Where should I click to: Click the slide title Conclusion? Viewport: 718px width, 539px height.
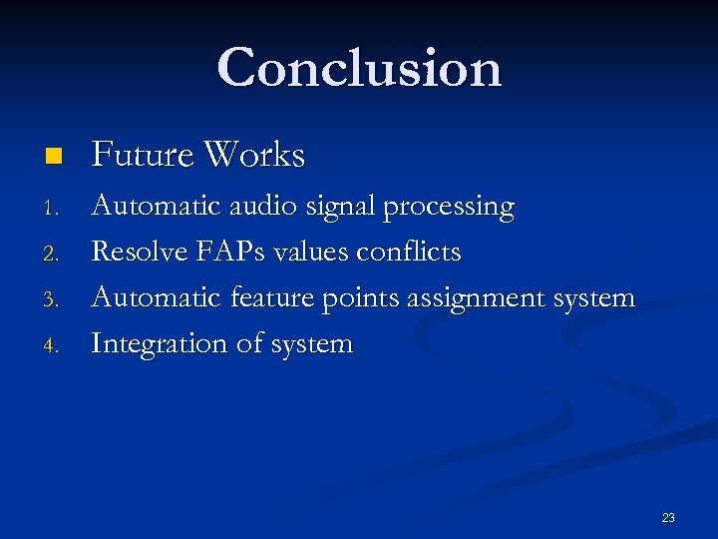click(x=359, y=68)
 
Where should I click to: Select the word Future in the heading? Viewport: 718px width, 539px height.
click(x=141, y=155)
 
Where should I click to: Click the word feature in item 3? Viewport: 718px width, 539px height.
click(x=272, y=297)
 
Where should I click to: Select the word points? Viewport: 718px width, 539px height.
click(x=359, y=298)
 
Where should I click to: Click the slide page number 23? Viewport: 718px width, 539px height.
click(x=667, y=517)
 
